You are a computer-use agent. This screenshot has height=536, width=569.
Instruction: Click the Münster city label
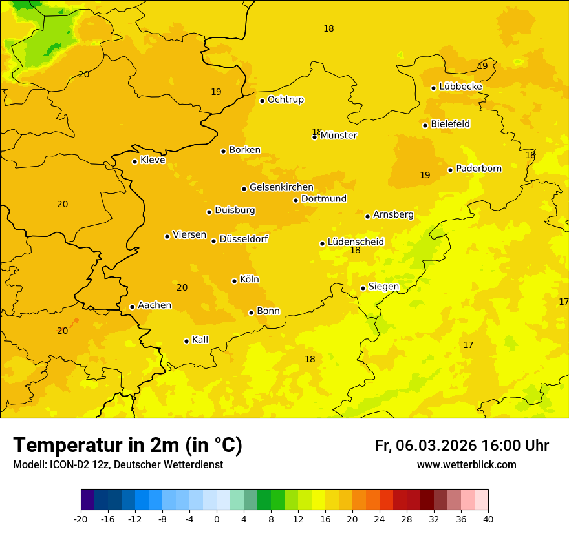click(x=339, y=136)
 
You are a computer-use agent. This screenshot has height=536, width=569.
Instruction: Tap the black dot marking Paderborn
click(x=450, y=170)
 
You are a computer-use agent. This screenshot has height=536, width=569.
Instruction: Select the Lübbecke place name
click(x=460, y=87)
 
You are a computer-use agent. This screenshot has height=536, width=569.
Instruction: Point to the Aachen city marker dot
click(x=132, y=307)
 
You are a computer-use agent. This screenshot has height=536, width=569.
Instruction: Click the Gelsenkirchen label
click(x=281, y=187)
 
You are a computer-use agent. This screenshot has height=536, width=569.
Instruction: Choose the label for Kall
click(x=200, y=340)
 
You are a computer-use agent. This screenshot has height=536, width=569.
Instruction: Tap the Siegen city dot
click(x=363, y=288)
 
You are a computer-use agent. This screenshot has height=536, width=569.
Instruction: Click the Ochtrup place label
click(x=286, y=99)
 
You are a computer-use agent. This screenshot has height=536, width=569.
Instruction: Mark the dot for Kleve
click(x=134, y=161)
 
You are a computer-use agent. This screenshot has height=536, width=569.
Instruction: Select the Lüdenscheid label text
click(x=356, y=242)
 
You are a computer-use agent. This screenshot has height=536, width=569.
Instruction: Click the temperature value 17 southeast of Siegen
click(x=468, y=345)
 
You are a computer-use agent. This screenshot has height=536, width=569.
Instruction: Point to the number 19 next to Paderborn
click(x=425, y=175)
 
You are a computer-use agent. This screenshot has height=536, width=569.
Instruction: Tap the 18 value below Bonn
click(x=310, y=360)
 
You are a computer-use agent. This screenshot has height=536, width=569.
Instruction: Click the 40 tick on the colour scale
click(x=488, y=519)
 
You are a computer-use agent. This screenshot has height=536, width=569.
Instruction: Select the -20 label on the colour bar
click(x=81, y=519)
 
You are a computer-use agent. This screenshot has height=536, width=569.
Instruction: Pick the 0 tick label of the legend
click(x=217, y=519)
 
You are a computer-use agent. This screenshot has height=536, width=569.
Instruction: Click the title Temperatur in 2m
click(x=127, y=446)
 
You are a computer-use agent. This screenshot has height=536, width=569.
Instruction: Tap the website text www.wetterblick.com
click(x=466, y=464)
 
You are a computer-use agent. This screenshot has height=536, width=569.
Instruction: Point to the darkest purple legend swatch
click(x=87, y=500)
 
